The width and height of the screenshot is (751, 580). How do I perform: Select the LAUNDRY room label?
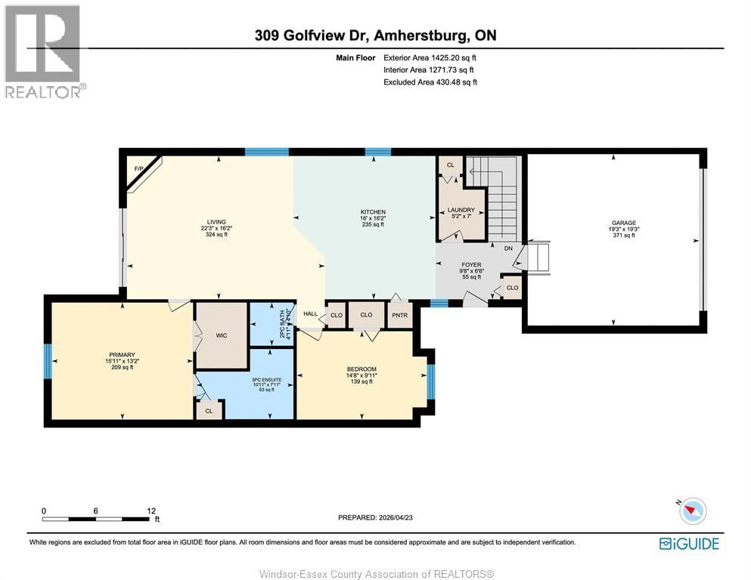(461, 211)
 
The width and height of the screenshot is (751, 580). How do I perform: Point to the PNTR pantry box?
(399, 315)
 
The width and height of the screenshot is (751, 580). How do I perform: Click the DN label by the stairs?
(509, 248)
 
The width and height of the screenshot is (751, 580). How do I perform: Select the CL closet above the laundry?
(451, 165)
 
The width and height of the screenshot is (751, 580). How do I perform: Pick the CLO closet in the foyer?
(512, 288)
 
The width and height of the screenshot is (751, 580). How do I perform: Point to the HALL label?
(310, 314)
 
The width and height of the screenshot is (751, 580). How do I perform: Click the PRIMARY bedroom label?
(121, 355)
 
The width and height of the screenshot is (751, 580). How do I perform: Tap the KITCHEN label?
(373, 212)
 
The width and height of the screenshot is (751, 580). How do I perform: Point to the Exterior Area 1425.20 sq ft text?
(430, 57)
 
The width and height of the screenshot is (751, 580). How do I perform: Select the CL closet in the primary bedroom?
(209, 411)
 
